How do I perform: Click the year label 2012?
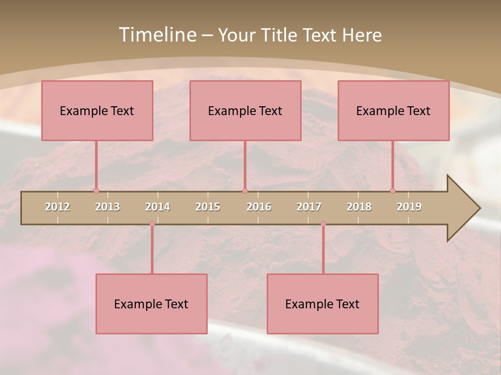(57, 207)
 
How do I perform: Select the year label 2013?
(108, 207)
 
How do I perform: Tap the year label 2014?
(158, 207)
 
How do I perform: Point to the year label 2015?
(208, 207)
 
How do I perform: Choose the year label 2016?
(259, 207)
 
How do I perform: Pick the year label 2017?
(309, 207)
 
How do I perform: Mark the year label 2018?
(359, 207)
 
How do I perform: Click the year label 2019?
(409, 207)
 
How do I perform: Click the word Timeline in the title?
(157, 35)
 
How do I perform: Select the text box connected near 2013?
(97, 110)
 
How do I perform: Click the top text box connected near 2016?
(245, 110)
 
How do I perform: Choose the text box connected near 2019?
(393, 110)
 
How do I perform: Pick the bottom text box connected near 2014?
(151, 304)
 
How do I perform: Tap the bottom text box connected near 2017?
(323, 304)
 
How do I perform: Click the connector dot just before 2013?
(96, 191)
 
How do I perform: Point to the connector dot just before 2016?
(245, 191)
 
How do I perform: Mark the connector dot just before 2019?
(393, 191)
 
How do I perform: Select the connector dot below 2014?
(152, 224)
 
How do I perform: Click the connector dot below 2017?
(323, 224)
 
